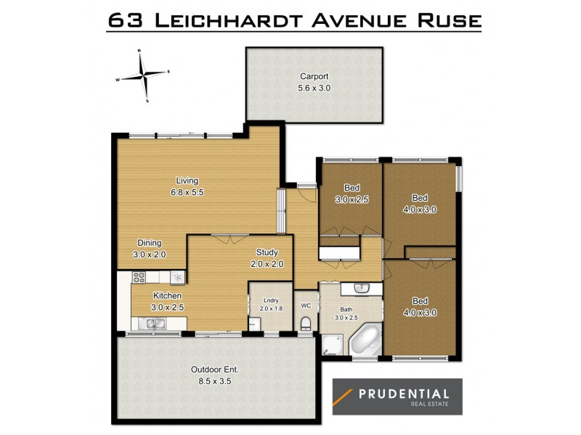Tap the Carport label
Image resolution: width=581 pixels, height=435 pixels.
click(314, 76)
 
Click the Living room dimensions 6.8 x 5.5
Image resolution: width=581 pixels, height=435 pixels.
click(187, 193)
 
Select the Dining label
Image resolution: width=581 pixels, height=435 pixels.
click(150, 243)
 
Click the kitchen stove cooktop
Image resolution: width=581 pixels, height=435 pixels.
click(139, 277)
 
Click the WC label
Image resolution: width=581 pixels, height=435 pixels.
click(306, 305)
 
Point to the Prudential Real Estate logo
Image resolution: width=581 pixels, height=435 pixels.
click(397, 397)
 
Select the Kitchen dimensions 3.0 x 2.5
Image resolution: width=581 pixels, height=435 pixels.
click(167, 307)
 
